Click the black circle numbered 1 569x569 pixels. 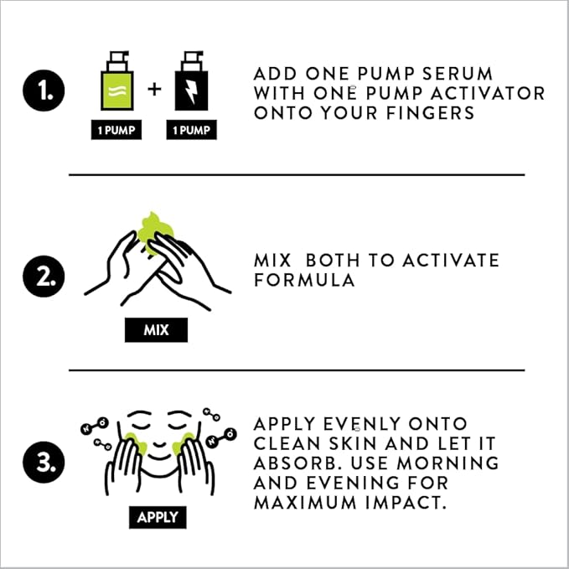click(44, 91)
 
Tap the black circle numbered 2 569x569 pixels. click(44, 277)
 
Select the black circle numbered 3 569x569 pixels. click(44, 462)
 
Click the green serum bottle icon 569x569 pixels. click(117, 80)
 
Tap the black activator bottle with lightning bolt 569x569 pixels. click(191, 80)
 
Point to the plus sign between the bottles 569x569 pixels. click(154, 90)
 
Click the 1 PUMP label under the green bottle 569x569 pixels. click(116, 130)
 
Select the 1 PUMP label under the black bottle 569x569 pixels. click(192, 130)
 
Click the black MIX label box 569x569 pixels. click(157, 330)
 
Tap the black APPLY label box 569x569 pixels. click(158, 517)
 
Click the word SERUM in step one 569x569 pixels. click(458, 74)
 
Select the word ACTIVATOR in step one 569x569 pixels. click(488, 93)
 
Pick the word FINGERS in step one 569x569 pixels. click(431, 113)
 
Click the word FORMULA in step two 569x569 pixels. click(304, 280)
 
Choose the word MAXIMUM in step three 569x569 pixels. click(305, 503)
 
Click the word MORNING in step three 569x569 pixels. click(447, 463)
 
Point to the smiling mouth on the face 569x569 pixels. click(159, 443)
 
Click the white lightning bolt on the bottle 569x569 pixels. click(191, 91)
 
